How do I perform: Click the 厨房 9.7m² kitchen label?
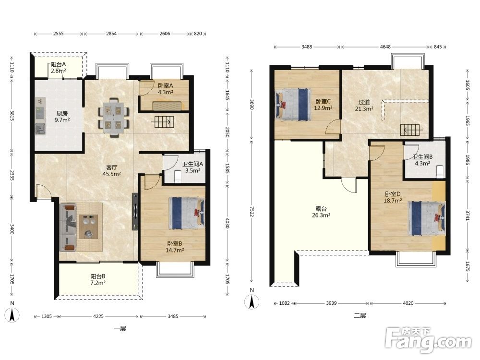point(62,117)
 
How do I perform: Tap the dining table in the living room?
point(114,118)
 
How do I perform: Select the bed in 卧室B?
point(186,213)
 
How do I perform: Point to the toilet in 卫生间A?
point(178,177)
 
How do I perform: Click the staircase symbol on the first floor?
point(163,122)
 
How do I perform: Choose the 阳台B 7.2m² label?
point(98,279)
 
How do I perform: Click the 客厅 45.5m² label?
point(112,170)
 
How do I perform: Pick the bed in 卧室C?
point(293,104)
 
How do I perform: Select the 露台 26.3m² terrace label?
point(321,212)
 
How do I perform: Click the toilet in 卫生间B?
point(440,171)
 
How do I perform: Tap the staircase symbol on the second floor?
point(411,130)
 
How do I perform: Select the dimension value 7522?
point(252,211)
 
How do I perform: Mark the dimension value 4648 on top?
point(385,47)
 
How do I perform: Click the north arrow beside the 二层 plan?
point(252,302)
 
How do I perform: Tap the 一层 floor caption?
point(120,329)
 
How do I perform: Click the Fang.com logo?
point(428,340)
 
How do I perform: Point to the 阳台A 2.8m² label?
point(59,68)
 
